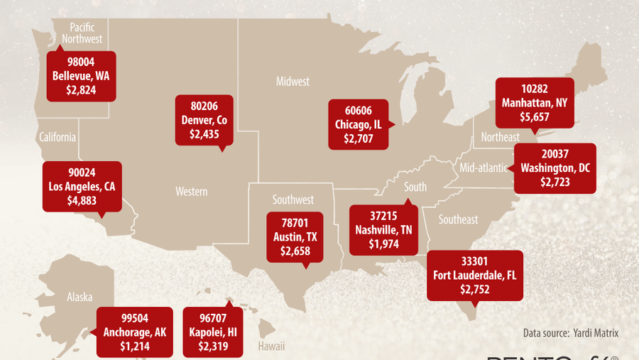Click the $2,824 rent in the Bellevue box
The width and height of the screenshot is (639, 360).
pyautogui.click(x=81, y=89)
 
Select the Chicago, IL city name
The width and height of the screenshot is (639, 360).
pyautogui.click(x=358, y=124)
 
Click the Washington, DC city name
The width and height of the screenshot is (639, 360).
pyautogui.click(x=555, y=168)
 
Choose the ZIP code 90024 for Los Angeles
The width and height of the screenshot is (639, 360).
pyautogui.click(x=82, y=173)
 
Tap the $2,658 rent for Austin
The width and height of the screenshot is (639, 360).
pyautogui.click(x=295, y=251)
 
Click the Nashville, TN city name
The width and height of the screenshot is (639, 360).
pyautogui.click(x=384, y=230)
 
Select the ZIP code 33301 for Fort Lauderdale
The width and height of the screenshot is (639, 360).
pyautogui.click(x=474, y=261)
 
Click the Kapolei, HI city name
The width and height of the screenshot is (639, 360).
pyautogui.click(x=213, y=332)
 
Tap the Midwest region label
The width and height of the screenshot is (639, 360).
pyautogui.click(x=293, y=82)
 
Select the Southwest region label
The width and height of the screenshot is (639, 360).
pyautogui.click(x=293, y=200)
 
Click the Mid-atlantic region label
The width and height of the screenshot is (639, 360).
pyautogui.click(x=484, y=168)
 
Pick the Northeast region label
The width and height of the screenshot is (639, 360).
pyautogui.click(x=500, y=136)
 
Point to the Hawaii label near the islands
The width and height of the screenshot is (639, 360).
pyautogui.click(x=271, y=346)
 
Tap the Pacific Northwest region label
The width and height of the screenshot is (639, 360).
pyautogui.click(x=82, y=33)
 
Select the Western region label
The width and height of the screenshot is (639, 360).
pyautogui.click(x=192, y=191)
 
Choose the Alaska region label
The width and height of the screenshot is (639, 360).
pyautogui.click(x=80, y=298)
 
